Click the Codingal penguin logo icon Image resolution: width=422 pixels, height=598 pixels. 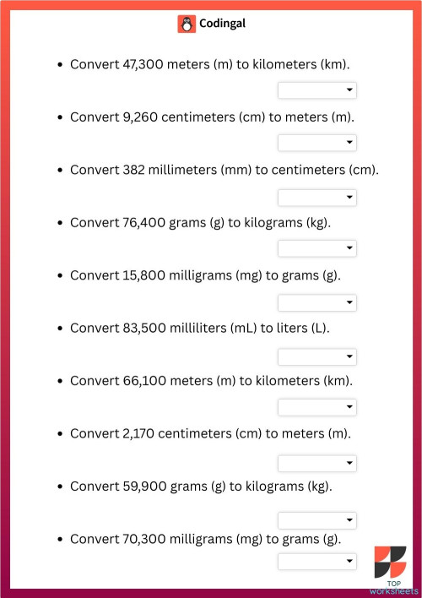pos(187,24)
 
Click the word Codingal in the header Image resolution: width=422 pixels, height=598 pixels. pos(223,24)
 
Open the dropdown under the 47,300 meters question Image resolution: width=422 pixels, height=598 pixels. pos(317,90)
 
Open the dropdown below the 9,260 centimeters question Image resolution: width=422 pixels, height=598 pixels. pos(317,143)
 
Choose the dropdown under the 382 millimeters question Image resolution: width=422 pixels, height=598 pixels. pos(317,197)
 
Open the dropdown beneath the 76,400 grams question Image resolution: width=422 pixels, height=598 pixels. pos(317,248)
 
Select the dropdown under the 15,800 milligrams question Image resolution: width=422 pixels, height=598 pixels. pos(317,302)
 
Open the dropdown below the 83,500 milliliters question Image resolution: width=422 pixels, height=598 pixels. pos(317,356)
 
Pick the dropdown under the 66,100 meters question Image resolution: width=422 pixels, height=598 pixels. pos(317,407)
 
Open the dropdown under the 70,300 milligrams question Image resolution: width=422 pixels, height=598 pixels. pos(317,561)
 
